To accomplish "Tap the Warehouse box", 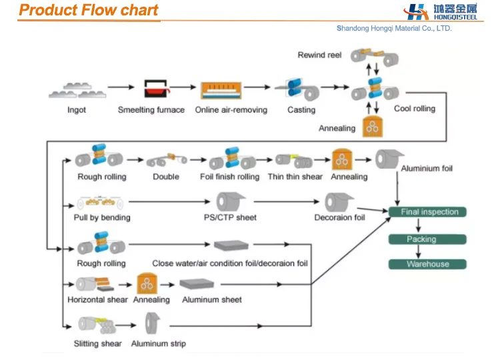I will [427, 264].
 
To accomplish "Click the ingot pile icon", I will [76, 89].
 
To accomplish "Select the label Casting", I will [301, 110].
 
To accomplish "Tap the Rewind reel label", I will [319, 55].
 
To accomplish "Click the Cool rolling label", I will [415, 109].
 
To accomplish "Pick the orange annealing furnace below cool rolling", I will [371, 126].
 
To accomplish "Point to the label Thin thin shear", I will [295, 177].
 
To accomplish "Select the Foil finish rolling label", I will [229, 177].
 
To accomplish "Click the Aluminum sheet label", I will [212, 300].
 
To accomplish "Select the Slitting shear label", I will [98, 344].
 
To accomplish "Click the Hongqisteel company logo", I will [441, 12].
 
